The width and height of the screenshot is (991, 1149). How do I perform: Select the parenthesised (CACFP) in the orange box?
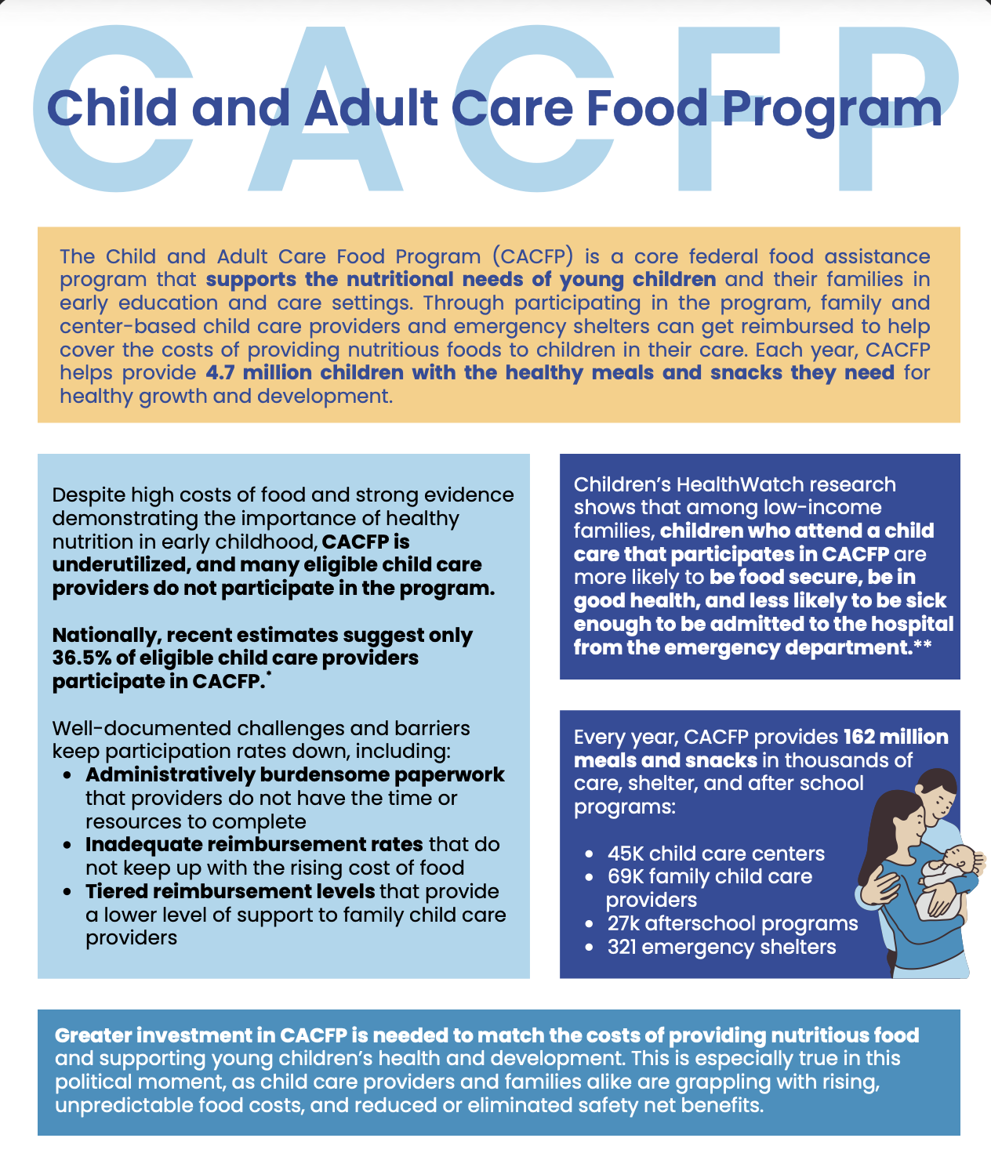[532, 256]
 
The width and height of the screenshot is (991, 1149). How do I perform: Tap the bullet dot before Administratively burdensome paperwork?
[67, 775]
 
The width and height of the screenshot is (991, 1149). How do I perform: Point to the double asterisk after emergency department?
[923, 644]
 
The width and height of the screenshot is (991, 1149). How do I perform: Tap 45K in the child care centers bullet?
[625, 854]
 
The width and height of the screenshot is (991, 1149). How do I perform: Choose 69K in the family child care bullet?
[626, 876]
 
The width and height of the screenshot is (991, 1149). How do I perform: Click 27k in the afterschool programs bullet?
[623, 923]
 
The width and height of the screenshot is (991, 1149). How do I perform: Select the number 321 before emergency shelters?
[622, 947]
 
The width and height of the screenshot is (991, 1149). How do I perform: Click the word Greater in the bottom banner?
[93, 1035]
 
